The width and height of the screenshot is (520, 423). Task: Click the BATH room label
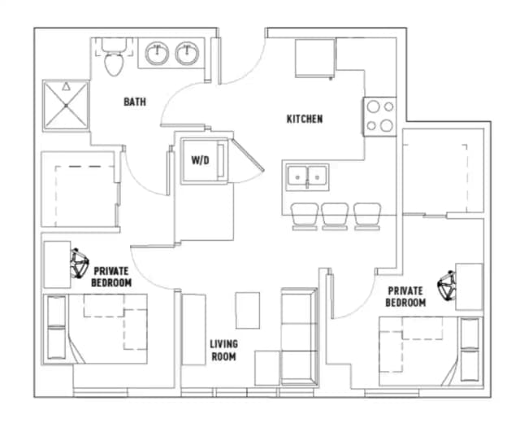134,102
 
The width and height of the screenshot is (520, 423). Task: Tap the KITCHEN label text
305,119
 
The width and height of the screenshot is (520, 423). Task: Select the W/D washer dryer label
200,160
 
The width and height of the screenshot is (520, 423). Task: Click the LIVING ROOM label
224,350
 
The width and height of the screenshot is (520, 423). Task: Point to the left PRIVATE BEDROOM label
112,277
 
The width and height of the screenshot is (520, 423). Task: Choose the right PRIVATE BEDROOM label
405,296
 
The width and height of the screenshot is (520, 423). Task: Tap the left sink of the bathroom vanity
157,55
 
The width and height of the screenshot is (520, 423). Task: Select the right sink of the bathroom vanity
188,55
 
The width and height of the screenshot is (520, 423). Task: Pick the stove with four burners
379,116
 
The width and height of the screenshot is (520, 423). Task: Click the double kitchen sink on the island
307,175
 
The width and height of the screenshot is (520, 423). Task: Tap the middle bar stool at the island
335,216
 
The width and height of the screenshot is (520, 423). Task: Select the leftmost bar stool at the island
305,216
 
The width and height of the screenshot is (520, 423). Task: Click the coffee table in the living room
248,309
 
